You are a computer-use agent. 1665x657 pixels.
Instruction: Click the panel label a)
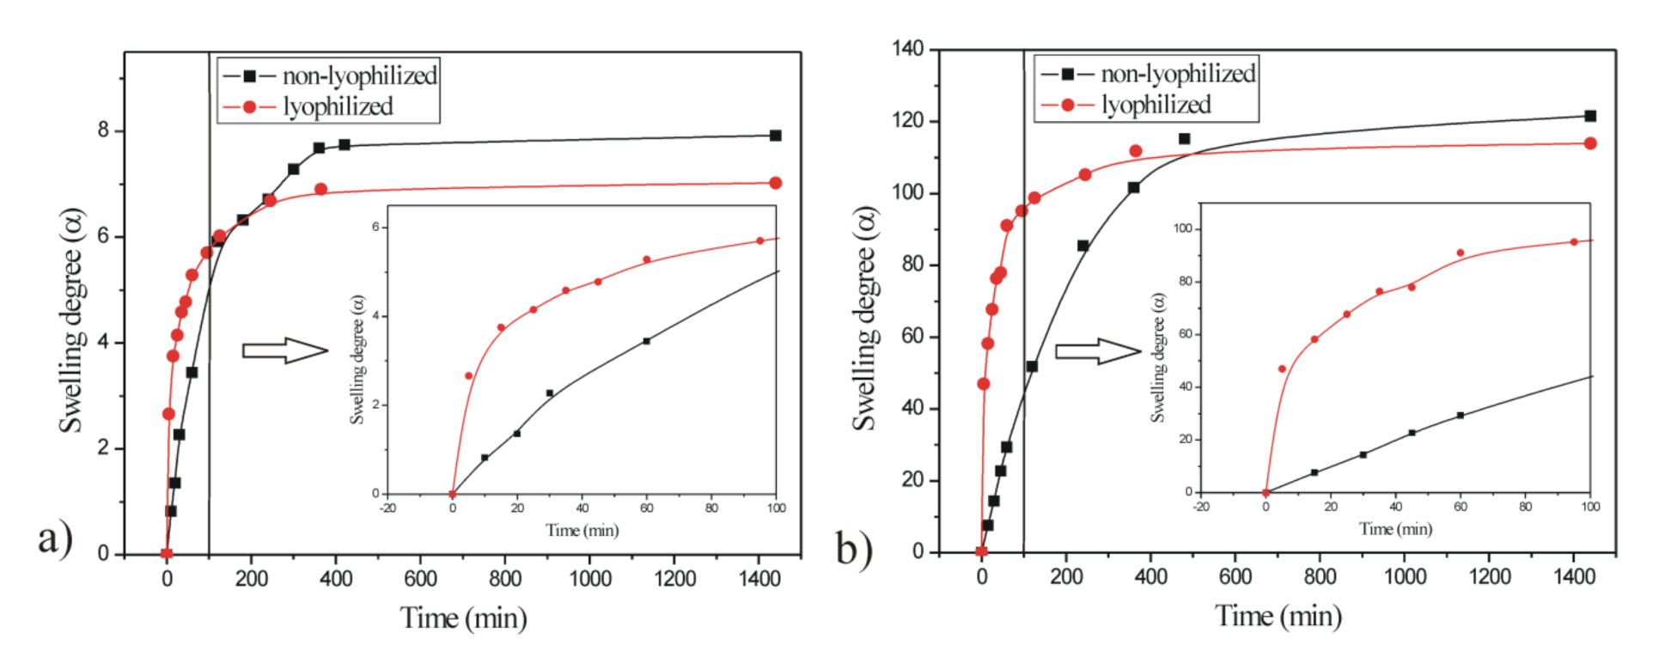coord(54,538)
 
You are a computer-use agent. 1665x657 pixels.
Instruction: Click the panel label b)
coord(853,548)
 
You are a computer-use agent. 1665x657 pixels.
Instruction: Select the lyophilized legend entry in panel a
coord(337,106)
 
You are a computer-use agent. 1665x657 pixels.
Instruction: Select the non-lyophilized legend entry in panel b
coord(1177,74)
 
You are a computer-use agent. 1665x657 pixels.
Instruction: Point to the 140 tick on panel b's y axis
coord(908,50)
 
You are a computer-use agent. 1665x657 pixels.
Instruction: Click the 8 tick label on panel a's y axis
coord(104,131)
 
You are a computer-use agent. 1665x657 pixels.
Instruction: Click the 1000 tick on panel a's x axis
coord(589,579)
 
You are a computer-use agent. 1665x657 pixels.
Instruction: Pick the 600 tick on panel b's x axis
coord(1235,576)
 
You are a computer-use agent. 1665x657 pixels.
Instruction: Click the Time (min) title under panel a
coord(463,617)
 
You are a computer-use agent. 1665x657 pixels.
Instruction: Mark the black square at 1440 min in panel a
coord(775,136)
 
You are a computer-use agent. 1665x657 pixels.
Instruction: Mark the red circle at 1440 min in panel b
coord(1589,143)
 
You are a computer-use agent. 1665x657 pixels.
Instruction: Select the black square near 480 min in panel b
coord(1184,138)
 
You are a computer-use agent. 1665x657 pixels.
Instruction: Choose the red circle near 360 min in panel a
coord(320,189)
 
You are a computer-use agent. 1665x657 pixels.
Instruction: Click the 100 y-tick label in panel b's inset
coord(1182,228)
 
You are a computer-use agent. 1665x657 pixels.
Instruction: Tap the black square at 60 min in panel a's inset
coord(646,341)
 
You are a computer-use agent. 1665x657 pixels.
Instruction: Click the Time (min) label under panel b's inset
coord(1395,529)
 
